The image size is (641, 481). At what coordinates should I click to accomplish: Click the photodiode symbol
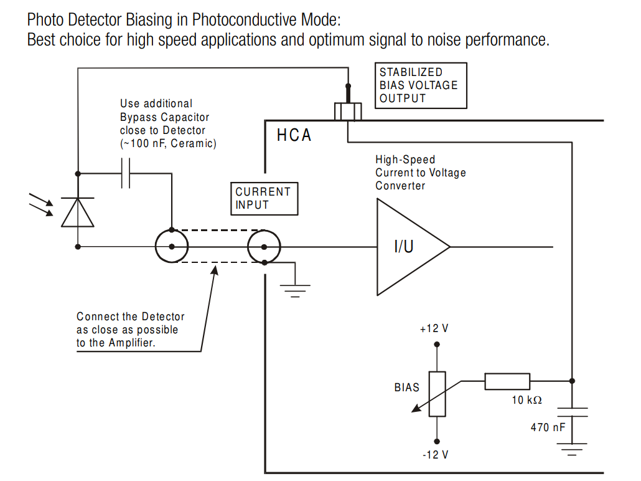pos(77,212)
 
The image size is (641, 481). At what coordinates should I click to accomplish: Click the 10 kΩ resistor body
pos(507,381)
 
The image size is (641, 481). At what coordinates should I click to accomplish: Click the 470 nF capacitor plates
pos(572,412)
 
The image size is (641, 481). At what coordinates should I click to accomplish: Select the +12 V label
pos(434,328)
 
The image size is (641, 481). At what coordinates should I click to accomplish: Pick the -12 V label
pos(435,455)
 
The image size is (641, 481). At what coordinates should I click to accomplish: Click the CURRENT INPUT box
pos(263,198)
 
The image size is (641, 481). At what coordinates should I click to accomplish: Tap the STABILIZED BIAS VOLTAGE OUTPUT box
pos(420,85)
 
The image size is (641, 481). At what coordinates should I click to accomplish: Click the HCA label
pos(294,135)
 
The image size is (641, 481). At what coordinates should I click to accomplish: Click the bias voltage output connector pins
pos(348,110)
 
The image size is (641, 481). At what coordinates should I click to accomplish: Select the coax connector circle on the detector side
pos(171,247)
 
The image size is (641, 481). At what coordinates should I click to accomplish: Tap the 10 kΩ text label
pos(526,400)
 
